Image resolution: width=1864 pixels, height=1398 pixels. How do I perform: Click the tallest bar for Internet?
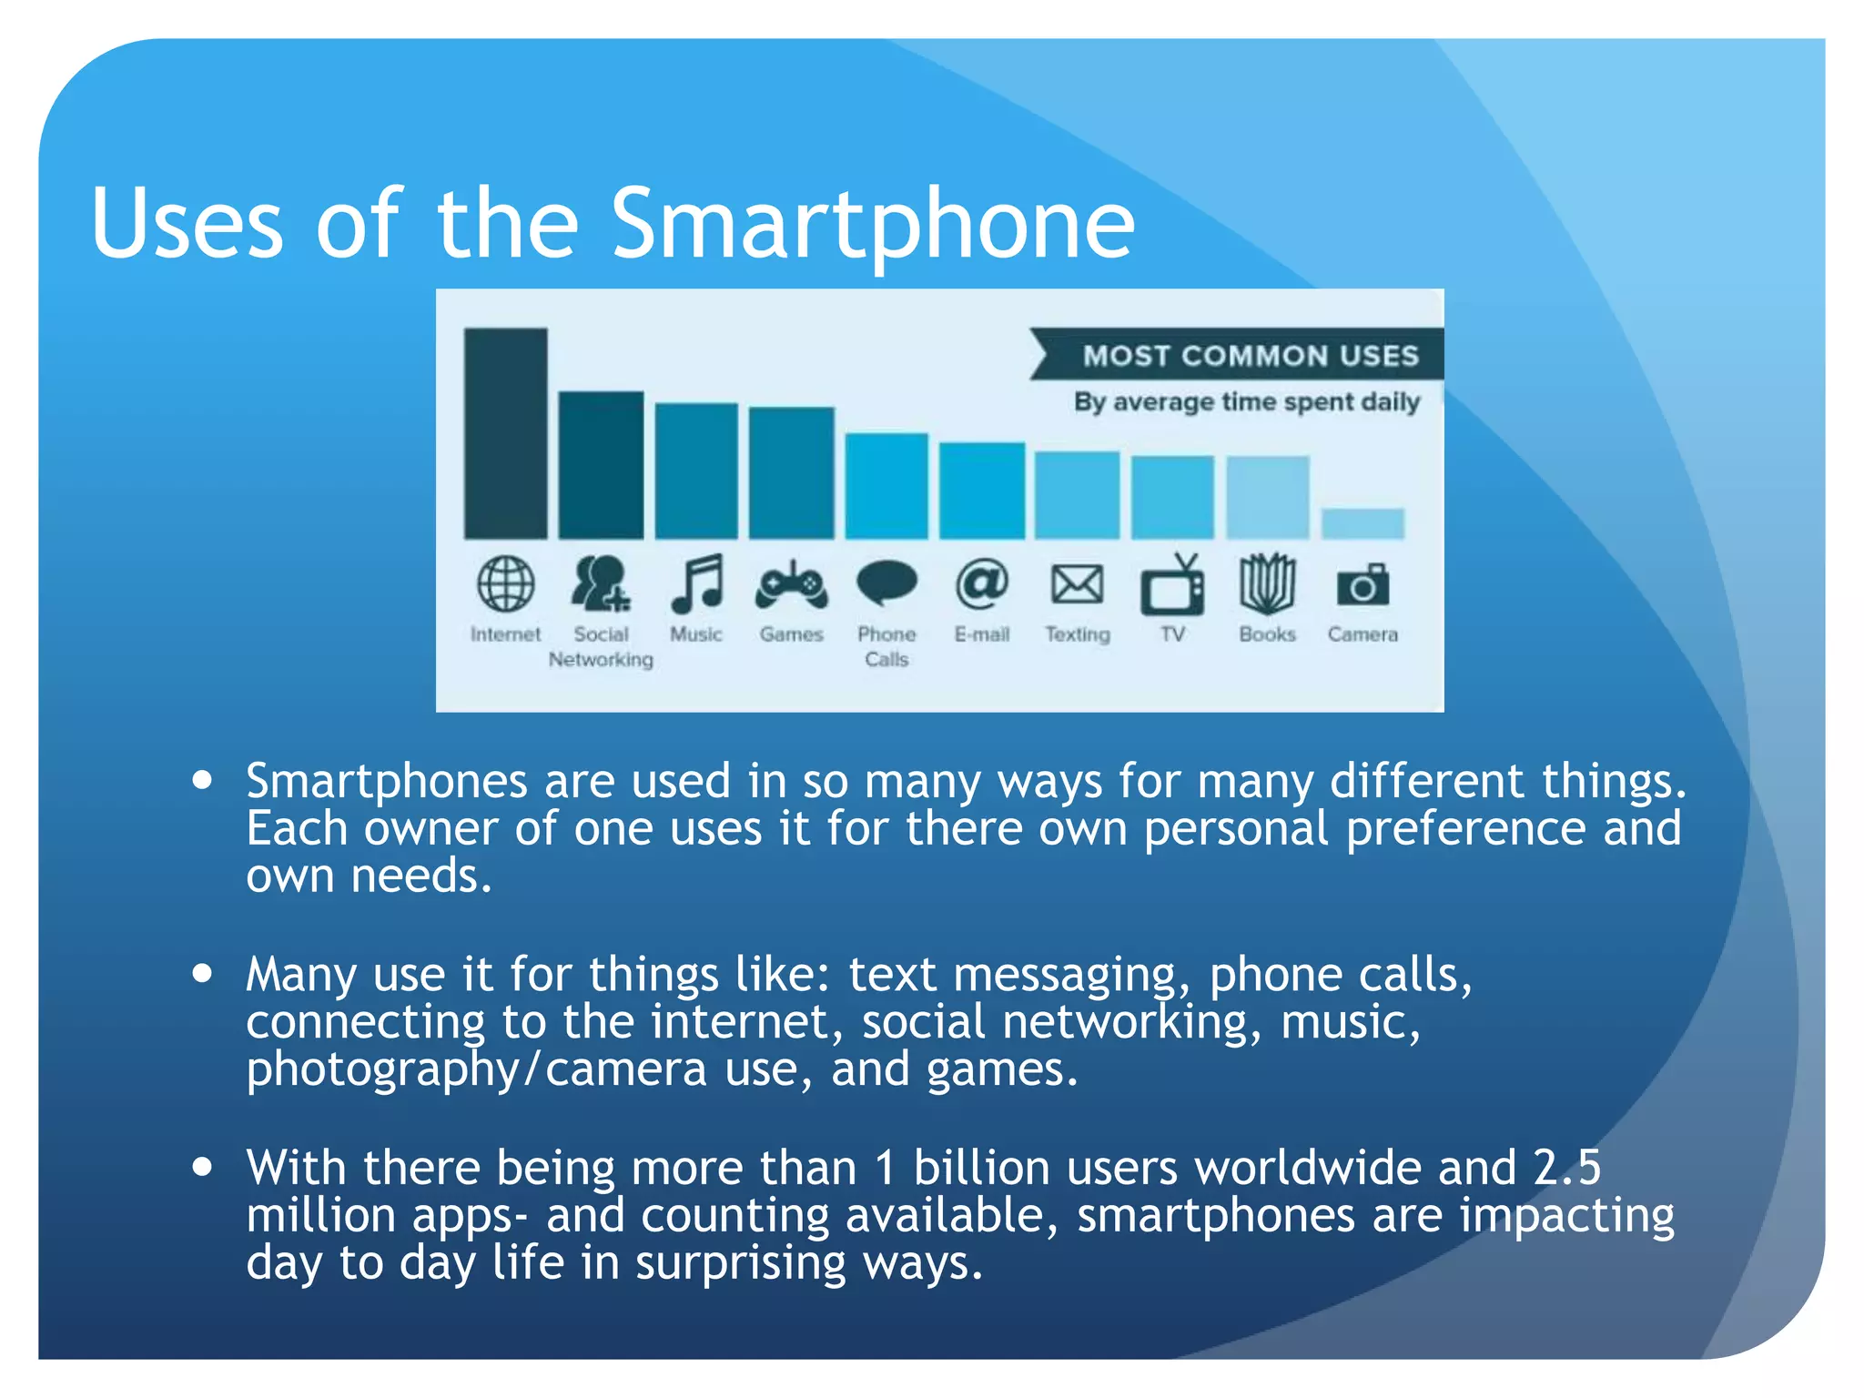pos(505,433)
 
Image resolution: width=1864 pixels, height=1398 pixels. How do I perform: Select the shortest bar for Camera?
pos(1363,523)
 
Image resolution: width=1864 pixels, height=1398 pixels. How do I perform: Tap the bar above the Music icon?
pos(696,471)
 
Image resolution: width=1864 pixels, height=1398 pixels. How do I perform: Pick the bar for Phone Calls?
pos(886,486)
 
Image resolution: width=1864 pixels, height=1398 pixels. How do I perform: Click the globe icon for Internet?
pos(505,584)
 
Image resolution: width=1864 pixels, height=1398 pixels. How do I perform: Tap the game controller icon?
pos(791,585)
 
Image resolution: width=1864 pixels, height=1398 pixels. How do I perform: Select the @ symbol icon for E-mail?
pos(982,583)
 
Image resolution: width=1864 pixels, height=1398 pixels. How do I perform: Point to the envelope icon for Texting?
pos(1077,584)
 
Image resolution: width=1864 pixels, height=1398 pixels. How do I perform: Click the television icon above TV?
pos(1172,585)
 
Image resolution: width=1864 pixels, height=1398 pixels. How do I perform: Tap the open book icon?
pos(1267,583)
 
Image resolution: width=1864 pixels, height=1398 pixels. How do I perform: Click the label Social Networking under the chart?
pos(601,646)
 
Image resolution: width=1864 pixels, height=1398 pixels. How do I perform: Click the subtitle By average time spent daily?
pos(1246,401)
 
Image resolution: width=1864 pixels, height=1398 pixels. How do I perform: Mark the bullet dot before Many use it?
pos(202,973)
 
